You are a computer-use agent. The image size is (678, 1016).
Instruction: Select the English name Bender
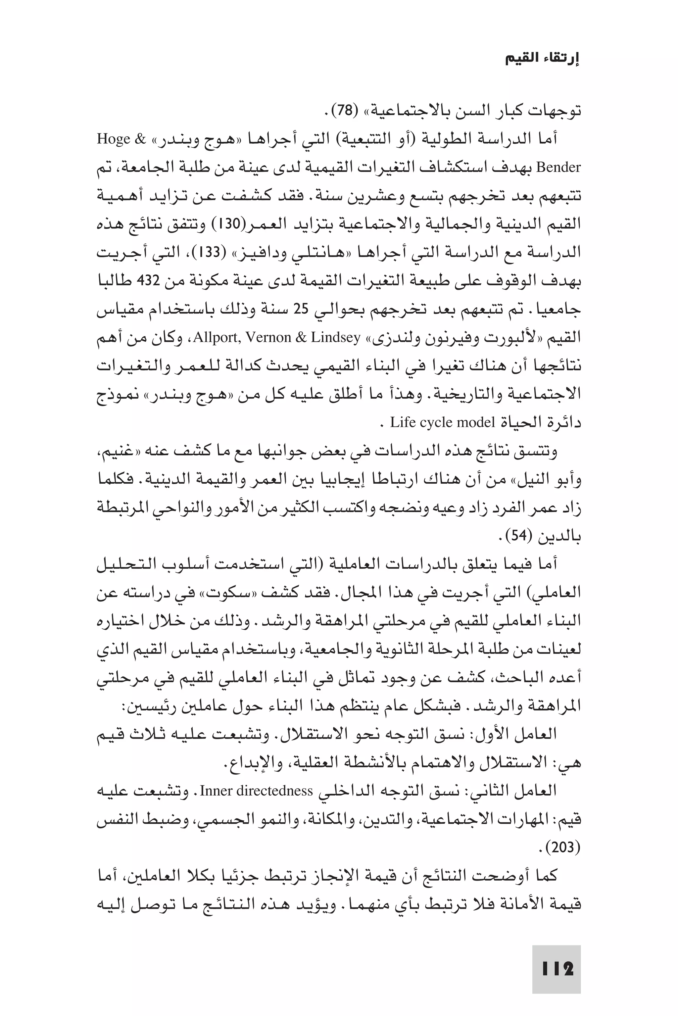tap(558, 167)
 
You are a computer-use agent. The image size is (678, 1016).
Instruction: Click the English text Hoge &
tap(121, 139)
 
